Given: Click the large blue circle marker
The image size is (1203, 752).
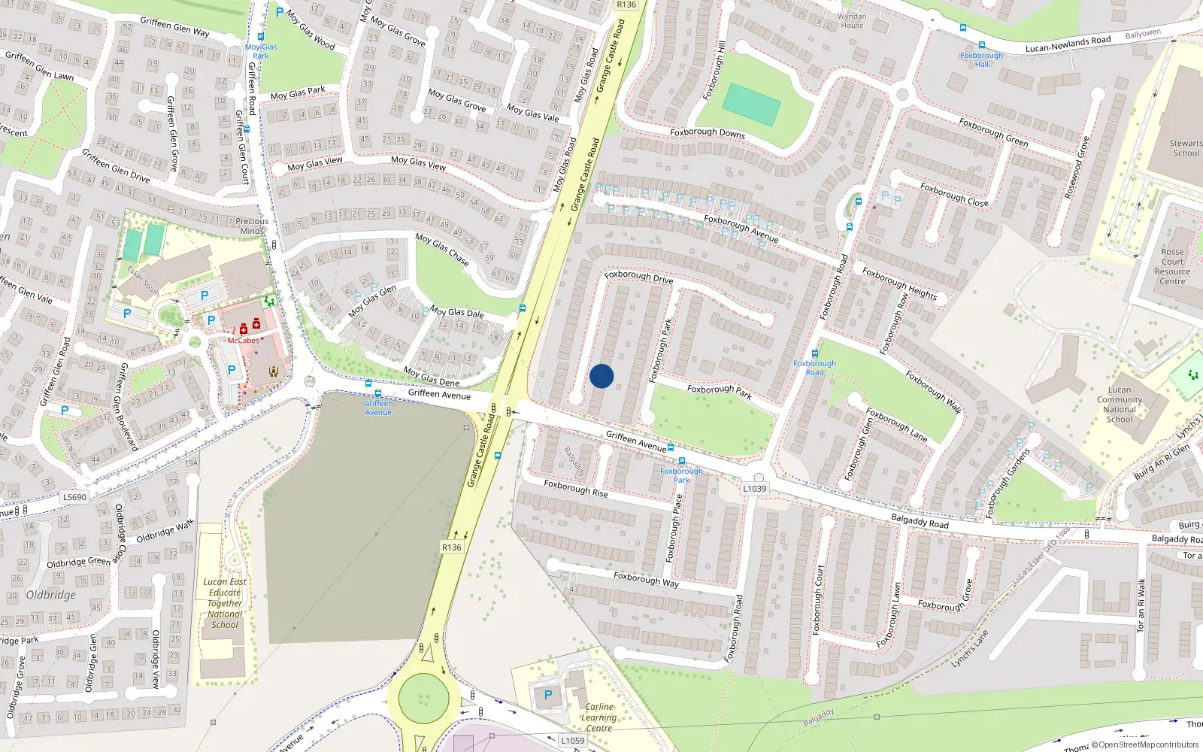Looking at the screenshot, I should [601, 376].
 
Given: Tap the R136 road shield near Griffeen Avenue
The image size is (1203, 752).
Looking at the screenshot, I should [452, 547].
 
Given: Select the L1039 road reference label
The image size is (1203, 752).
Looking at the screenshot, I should [755, 489].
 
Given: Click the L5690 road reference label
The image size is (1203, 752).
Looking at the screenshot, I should [74, 497].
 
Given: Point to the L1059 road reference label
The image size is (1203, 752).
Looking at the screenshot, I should [572, 741].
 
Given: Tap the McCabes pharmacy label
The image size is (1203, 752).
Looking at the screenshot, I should [243, 341].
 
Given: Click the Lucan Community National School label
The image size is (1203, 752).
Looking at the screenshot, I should [1119, 405].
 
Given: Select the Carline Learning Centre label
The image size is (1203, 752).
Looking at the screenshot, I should [598, 717].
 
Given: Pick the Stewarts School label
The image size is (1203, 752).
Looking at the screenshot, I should [1186, 148].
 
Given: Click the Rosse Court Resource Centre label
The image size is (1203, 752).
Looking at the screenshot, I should [1172, 267].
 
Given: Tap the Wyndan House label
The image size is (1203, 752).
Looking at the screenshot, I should [852, 21].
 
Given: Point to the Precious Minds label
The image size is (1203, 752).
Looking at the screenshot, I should [252, 226].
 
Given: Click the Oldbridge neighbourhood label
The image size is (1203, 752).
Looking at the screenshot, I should [51, 595].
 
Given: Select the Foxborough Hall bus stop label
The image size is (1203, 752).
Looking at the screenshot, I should [981, 59].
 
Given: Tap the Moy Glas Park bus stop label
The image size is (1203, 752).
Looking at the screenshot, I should [261, 51].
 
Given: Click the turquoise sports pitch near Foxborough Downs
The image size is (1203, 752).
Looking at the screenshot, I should [752, 105].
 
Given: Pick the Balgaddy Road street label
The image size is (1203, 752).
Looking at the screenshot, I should [920, 520].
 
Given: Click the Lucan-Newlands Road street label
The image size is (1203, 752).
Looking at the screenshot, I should [1068, 44].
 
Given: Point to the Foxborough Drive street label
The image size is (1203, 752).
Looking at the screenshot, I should [638, 277].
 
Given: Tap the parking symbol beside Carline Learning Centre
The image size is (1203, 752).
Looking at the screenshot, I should [548, 696].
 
